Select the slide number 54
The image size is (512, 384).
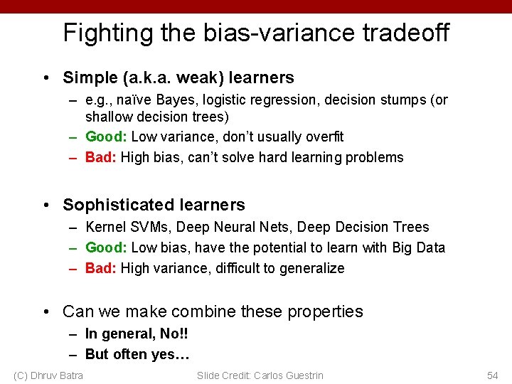pos(492,375)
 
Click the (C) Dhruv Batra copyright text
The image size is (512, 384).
pos(48,375)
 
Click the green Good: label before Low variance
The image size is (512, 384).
pos(106,137)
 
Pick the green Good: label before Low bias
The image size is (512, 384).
pos(106,247)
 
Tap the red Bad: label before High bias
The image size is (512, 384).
pos(101,157)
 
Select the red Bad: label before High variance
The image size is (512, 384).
pos(101,268)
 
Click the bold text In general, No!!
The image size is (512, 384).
pos(137,334)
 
